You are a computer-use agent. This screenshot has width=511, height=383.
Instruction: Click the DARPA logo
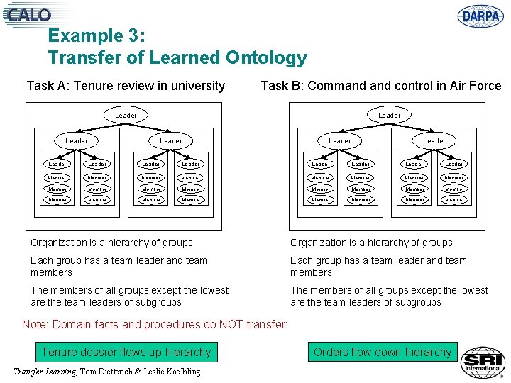pyautogui.click(x=480, y=15)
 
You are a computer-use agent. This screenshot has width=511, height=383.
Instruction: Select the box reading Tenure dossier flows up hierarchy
pyautogui.click(x=126, y=352)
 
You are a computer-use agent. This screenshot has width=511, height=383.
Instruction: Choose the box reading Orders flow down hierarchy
pyautogui.click(x=383, y=352)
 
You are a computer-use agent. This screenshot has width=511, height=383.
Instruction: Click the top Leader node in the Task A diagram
pyautogui.click(x=126, y=115)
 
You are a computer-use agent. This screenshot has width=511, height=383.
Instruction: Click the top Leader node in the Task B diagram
pyautogui.click(x=389, y=115)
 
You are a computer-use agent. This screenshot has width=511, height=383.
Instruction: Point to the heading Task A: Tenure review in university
pyautogui.click(x=126, y=86)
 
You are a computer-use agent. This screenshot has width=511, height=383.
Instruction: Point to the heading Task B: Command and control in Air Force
pyautogui.click(x=381, y=86)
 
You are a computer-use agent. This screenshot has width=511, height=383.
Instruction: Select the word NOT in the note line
pyautogui.click(x=226, y=325)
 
